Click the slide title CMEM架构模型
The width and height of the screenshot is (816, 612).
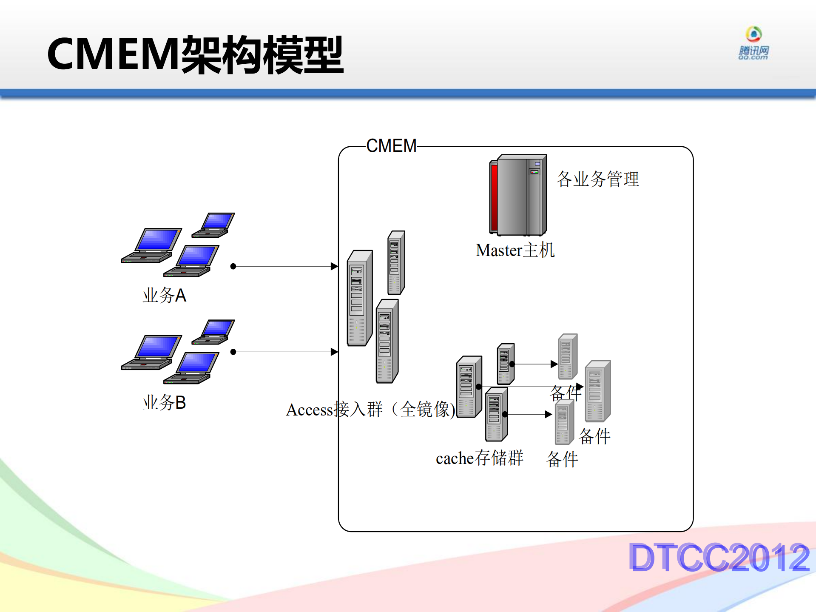pyautogui.click(x=195, y=54)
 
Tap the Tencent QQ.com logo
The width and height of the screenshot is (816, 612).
pyautogui.click(x=753, y=43)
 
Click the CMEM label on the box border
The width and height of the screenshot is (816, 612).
pyautogui.click(x=391, y=146)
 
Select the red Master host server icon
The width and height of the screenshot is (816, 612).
pyautogui.click(x=518, y=195)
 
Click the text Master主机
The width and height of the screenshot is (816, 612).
pyautogui.click(x=515, y=250)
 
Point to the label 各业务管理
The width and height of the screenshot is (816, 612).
pyautogui.click(x=597, y=179)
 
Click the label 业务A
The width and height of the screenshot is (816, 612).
pyautogui.click(x=164, y=295)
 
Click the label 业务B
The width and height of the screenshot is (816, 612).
pyautogui.click(x=164, y=402)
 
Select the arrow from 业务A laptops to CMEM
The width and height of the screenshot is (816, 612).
pyautogui.click(x=285, y=266)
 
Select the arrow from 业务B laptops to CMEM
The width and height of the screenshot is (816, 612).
pyautogui.click(x=285, y=352)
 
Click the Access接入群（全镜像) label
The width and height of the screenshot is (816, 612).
pyautogui.click(x=370, y=410)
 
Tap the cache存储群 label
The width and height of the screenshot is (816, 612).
pyautogui.click(x=479, y=458)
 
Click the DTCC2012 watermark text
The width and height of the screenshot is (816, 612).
pyautogui.click(x=719, y=557)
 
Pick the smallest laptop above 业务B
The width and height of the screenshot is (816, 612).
pyautogui.click(x=213, y=332)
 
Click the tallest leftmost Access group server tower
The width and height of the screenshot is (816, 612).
pyautogui.click(x=359, y=298)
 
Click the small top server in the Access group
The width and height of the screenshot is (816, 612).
pyautogui.click(x=396, y=262)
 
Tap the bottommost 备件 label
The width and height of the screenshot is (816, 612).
pyautogui.click(x=562, y=459)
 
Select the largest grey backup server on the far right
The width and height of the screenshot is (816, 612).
pyautogui.click(x=597, y=391)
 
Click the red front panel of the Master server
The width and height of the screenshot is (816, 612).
pyautogui.click(x=494, y=197)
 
